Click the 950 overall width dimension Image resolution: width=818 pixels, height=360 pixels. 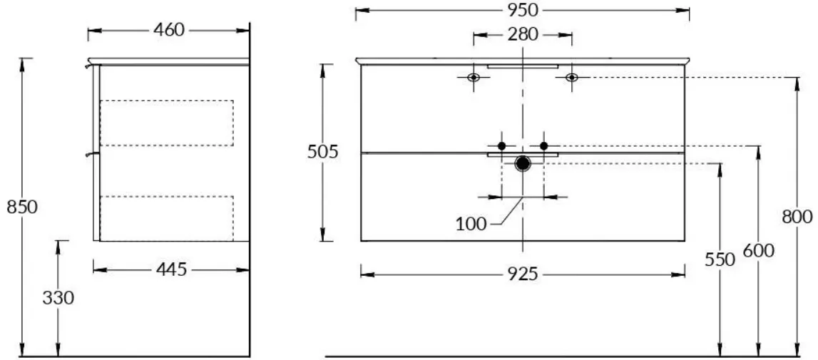click(523, 11)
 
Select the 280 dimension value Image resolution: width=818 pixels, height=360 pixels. click(522, 35)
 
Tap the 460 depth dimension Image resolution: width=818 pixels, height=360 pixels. click(169, 30)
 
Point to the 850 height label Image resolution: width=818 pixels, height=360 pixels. click(22, 207)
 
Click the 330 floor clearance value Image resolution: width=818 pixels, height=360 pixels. click(58, 299)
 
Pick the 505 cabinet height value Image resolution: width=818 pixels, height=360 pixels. click(323, 152)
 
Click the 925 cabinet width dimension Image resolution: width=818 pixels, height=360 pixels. click(522, 274)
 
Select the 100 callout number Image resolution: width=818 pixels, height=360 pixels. click(471, 225)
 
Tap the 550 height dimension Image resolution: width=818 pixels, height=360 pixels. click(720, 259)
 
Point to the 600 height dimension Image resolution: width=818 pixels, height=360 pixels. click(759, 251)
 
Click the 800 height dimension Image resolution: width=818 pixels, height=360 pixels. click(797, 217)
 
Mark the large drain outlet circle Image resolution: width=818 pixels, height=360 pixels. click(523, 163)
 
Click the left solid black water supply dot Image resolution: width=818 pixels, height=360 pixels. click(502, 146)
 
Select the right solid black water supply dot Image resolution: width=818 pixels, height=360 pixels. click(543, 146)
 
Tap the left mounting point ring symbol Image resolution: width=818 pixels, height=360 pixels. click(473, 78)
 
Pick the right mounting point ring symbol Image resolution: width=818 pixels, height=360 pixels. click(572, 78)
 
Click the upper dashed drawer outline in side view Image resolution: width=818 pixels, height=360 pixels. click(233, 123)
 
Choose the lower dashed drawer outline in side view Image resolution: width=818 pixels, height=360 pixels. click(233, 219)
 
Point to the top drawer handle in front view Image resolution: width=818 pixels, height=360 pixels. click(523, 67)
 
